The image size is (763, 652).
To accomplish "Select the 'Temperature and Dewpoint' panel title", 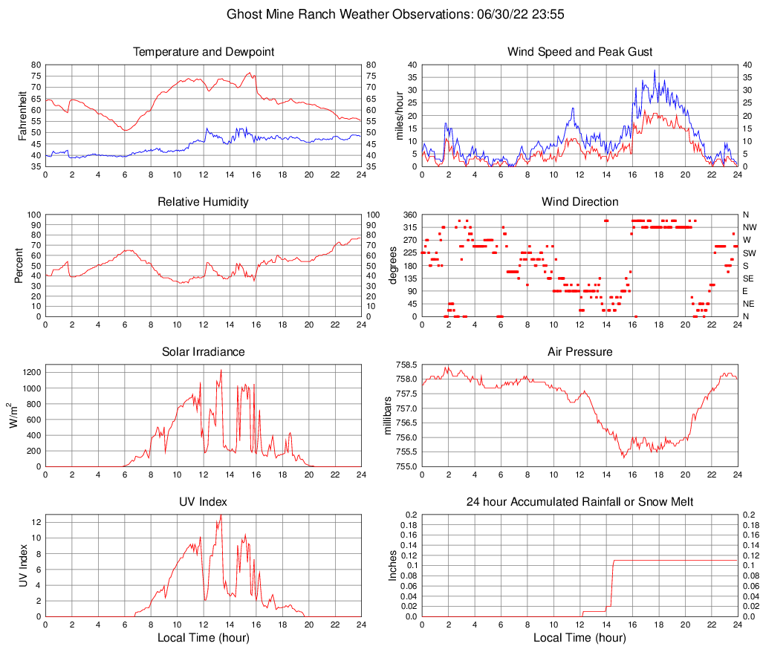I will (x=204, y=52).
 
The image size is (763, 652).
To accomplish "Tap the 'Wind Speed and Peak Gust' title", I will (x=579, y=52).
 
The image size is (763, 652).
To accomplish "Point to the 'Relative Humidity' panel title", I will (x=204, y=202).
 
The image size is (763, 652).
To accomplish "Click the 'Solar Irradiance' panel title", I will (x=204, y=352).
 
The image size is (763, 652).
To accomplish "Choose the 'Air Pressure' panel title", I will (x=579, y=352).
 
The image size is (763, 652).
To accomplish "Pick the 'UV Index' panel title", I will (x=204, y=502).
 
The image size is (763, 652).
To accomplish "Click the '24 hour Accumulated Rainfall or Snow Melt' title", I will (x=579, y=502).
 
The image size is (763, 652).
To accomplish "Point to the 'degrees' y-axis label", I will (x=393, y=265).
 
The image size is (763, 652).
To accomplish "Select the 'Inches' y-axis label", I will (x=393, y=565).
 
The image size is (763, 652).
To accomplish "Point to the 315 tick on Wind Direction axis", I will (x=409, y=227).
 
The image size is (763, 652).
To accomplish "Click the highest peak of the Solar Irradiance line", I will (x=221, y=370).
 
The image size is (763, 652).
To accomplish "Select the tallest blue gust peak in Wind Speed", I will (x=655, y=71).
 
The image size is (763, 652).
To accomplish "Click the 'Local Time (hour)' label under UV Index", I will (x=204, y=638).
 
